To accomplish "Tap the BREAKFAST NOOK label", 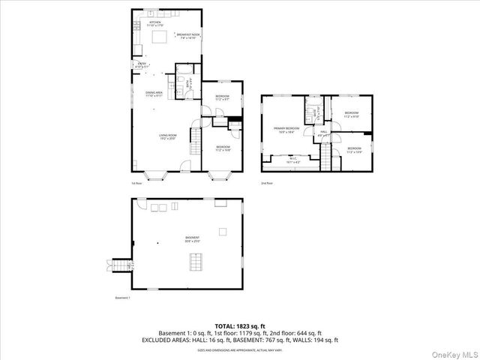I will [187, 35].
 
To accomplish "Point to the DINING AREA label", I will [154, 94].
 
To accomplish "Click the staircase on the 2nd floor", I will [325, 157].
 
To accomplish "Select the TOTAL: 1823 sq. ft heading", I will [240, 326].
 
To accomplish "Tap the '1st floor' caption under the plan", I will [136, 183].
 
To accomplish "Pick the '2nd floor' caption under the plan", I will [267, 183].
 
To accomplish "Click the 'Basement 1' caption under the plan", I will [123, 298].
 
